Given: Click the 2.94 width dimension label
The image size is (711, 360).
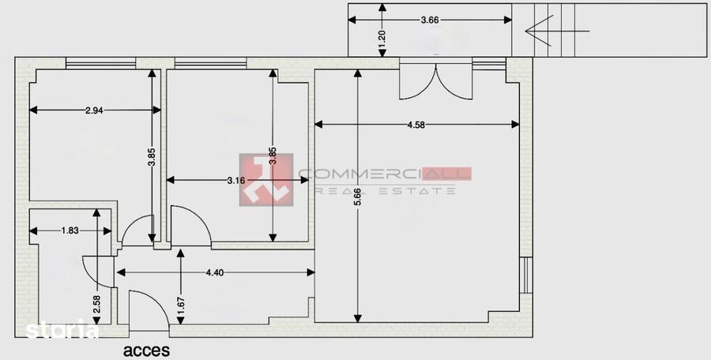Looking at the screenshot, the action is [94, 111].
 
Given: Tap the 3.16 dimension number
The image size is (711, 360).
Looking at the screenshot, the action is [236, 181].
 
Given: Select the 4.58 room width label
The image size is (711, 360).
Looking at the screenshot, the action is [416, 125].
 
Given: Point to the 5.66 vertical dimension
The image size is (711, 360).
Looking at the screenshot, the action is [358, 197].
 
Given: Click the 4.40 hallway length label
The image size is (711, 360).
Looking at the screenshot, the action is [214, 272].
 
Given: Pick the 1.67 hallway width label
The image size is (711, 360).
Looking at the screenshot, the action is [181, 306].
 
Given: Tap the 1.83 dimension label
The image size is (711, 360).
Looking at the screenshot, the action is [70, 231].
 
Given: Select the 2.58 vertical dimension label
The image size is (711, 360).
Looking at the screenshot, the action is [96, 304].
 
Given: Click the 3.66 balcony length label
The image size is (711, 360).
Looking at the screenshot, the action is [430, 20].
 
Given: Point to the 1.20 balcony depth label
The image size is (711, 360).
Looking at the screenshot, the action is [382, 36].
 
